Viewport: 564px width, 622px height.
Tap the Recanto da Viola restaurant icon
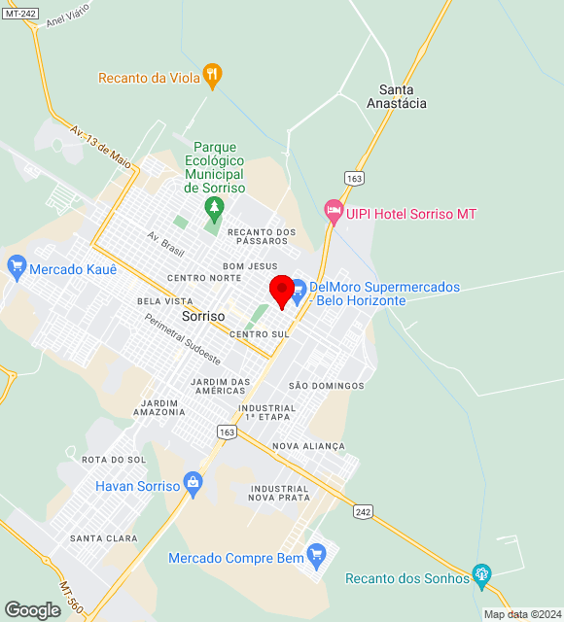213,76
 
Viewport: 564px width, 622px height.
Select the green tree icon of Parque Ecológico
214,207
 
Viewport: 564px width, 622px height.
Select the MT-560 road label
70,596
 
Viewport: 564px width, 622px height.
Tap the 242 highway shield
363,511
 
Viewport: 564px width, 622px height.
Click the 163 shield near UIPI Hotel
353,178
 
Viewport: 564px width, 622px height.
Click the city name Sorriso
203,317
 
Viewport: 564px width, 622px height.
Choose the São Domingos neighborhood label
326,386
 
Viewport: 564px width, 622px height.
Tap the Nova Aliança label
309,446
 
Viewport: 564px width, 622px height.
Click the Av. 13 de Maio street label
100,144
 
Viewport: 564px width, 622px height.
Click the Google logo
32,610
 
